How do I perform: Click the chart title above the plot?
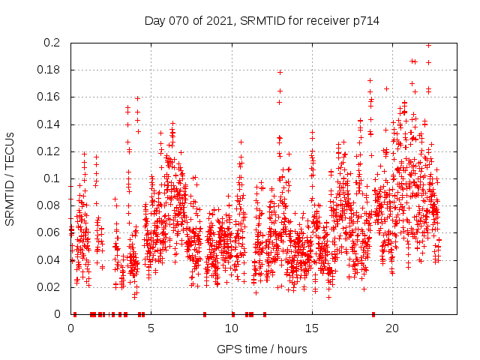click(x=262, y=21)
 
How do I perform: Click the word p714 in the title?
click(x=364, y=21)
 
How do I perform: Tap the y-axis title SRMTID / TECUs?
click(x=10, y=179)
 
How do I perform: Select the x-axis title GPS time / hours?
click(x=262, y=349)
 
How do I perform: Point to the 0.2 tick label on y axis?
click(x=52, y=43)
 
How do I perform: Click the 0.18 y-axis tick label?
click(x=49, y=70)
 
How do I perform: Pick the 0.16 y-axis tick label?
click(x=49, y=97)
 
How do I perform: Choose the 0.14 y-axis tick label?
click(x=49, y=124)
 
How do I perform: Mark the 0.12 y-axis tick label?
click(x=49, y=151)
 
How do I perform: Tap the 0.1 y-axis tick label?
click(x=52, y=178)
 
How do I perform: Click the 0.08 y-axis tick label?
click(x=49, y=205)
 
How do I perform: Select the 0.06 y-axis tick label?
click(x=49, y=232)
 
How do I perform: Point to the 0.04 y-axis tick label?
click(x=49, y=260)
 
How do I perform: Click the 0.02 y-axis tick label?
click(x=49, y=287)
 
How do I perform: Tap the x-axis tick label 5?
click(x=151, y=328)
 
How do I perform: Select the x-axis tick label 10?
click(x=232, y=328)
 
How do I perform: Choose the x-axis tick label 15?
click(x=312, y=328)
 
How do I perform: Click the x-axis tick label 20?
click(x=392, y=328)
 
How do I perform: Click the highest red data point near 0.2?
click(x=428, y=45)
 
